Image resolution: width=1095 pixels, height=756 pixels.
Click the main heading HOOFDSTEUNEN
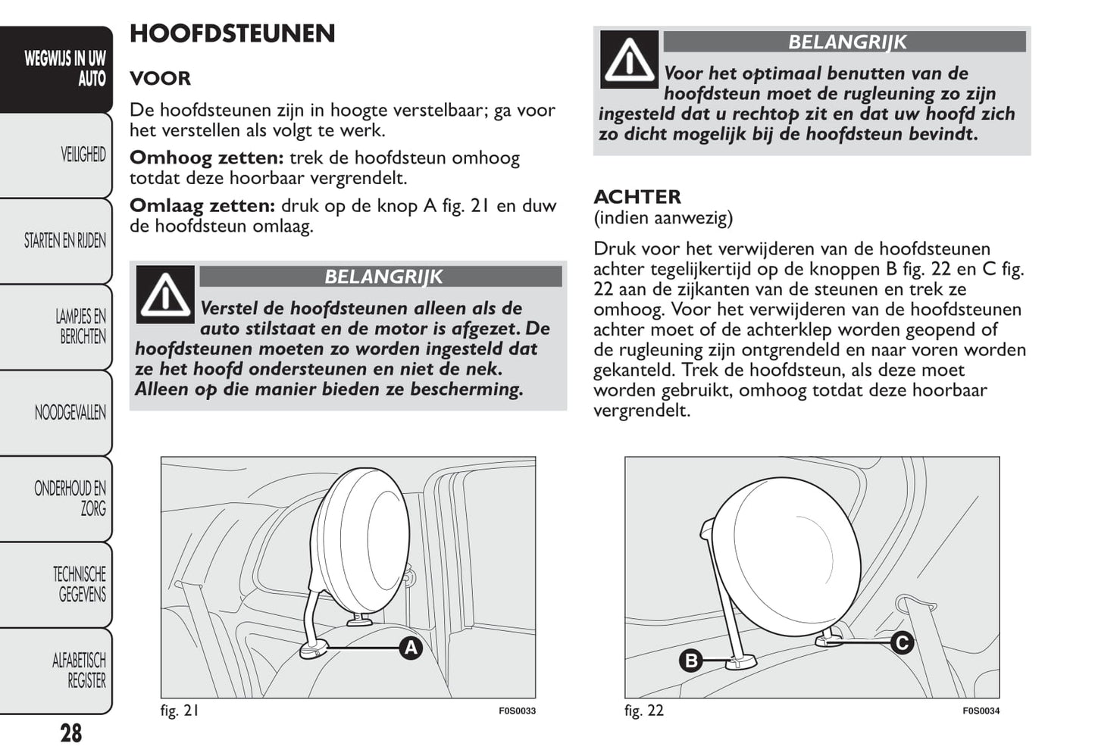coord(232,34)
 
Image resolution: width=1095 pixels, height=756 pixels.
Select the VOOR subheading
coord(160,79)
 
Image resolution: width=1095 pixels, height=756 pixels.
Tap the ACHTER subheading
coord(637,197)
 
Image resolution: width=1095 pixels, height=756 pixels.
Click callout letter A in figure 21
coord(410,648)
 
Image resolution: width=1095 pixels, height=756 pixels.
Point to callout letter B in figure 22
coord(690,661)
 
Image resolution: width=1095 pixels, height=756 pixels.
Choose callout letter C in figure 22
coord(902,643)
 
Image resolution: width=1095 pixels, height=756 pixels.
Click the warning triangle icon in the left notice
coord(165,295)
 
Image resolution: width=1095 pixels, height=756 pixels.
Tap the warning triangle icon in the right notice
coord(629,60)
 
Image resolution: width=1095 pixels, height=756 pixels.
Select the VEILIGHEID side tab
coord(83,155)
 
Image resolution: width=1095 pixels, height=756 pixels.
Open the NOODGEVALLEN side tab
coord(70,413)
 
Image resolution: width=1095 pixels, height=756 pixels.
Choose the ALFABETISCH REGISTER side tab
coord(79,670)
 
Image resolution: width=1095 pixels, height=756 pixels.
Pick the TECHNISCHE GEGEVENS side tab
coord(79,584)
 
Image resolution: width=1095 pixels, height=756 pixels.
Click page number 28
coord(70,733)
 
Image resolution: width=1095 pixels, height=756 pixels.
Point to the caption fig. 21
coord(180,711)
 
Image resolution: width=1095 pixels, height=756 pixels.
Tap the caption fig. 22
coord(643,711)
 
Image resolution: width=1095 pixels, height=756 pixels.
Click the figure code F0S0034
coord(981,711)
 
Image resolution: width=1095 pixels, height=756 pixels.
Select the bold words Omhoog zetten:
coord(206,158)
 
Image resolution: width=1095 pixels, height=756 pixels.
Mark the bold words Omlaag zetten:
coord(202,206)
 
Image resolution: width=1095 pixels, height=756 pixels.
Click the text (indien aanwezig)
coord(662,218)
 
